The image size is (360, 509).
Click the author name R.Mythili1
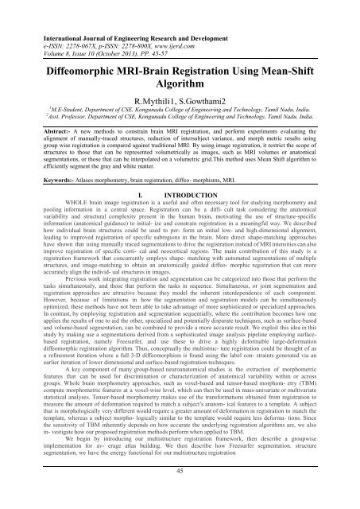(150, 122)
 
